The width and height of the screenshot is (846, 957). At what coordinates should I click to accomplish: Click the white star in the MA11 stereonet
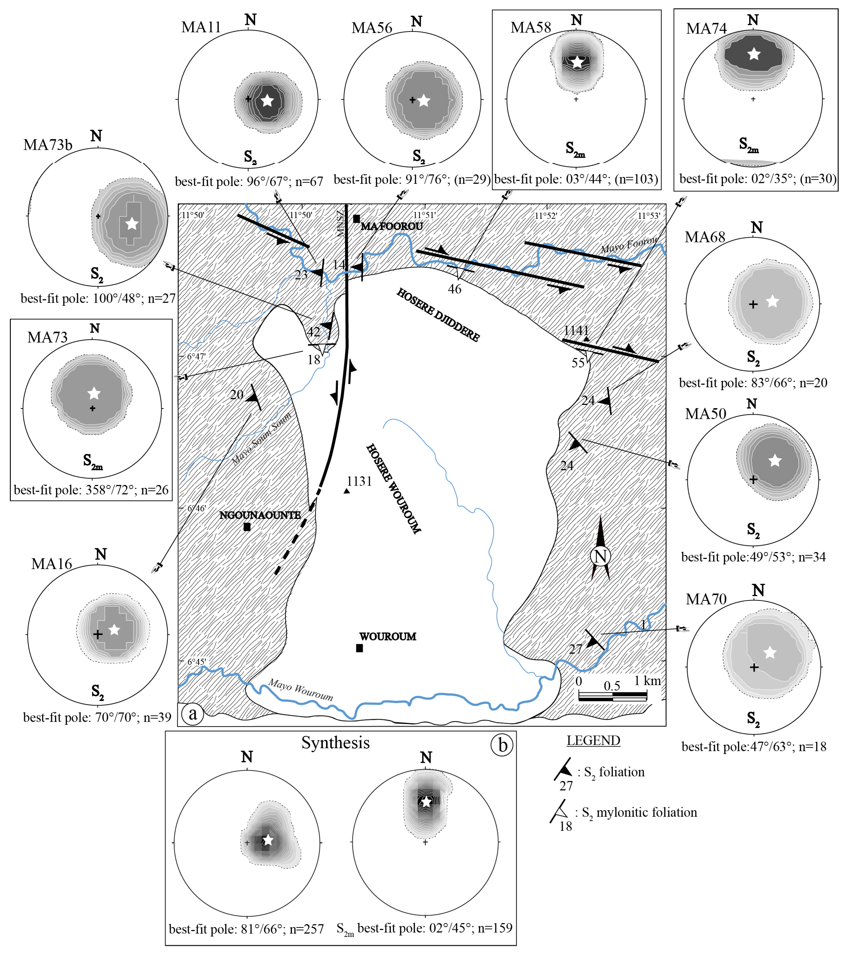click(267, 100)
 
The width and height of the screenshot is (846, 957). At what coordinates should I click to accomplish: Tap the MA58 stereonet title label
click(531, 28)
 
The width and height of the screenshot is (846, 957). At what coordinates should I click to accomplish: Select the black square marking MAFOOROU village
click(356, 219)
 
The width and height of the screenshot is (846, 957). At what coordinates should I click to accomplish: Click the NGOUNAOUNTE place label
click(260, 515)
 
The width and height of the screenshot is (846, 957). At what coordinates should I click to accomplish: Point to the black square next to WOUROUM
click(359, 648)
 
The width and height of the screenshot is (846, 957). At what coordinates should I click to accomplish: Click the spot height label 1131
click(359, 481)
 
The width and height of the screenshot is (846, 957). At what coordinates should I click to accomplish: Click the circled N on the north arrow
click(600, 556)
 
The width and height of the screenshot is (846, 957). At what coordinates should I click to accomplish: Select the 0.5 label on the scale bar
click(612, 686)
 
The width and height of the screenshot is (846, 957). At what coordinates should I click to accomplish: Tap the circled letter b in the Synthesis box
click(502, 745)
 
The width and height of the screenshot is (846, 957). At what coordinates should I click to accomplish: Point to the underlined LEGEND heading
click(593, 741)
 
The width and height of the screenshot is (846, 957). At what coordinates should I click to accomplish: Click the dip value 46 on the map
click(454, 289)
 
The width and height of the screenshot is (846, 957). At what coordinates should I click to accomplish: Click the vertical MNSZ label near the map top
click(340, 223)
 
